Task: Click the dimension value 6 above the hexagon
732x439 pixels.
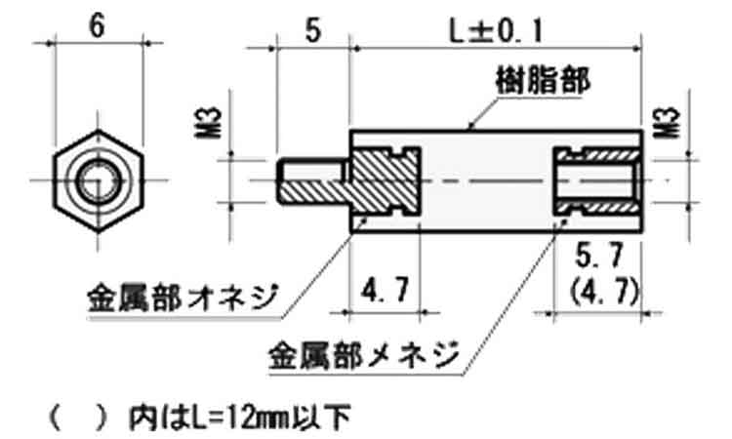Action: pos(97,26)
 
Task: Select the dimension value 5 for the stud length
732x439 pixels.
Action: pos(312,31)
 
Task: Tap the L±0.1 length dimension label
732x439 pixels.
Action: pos(496,31)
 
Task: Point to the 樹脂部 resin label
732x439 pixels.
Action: pos(543,81)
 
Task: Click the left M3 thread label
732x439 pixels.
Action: pos(208,123)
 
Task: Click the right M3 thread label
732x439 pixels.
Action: pos(667,123)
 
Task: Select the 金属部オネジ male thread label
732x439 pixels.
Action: pos(183,298)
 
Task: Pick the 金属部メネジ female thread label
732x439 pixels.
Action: pos(365,355)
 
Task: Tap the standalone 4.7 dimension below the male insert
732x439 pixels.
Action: pos(386,289)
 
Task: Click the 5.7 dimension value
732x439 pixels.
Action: pos(599,256)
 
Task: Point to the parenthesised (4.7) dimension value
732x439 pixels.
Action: pos(604,292)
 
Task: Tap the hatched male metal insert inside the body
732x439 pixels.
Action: pos(386,181)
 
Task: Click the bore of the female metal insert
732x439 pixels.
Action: pos(596,181)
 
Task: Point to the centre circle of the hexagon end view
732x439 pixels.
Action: pos(97,180)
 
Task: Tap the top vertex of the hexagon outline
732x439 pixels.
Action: pos(98,131)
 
